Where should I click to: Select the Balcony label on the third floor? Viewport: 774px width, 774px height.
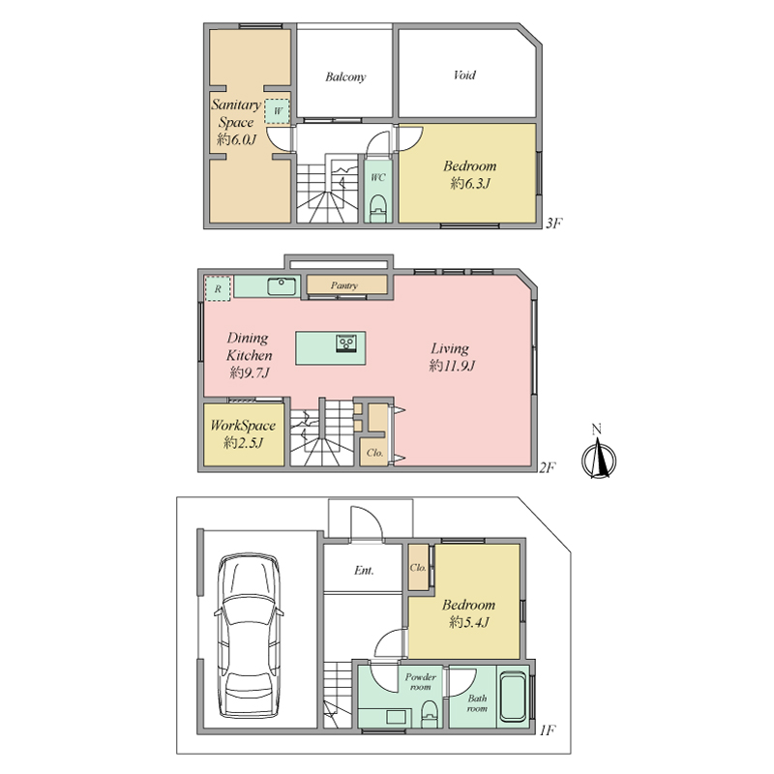(345, 77)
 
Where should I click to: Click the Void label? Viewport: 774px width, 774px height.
(464, 75)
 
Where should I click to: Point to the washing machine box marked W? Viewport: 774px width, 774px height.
(277, 111)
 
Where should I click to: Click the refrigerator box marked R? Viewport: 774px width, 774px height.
(218, 288)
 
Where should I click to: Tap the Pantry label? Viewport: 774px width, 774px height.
(344, 285)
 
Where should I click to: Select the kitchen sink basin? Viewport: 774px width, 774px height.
(282, 285)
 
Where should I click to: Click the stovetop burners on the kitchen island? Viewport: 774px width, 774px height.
(346, 342)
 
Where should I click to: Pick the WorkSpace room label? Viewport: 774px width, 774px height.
(243, 426)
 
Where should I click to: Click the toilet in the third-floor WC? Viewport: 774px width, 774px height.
(378, 208)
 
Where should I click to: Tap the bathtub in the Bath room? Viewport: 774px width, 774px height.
(514, 697)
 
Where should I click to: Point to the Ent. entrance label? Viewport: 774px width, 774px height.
(364, 571)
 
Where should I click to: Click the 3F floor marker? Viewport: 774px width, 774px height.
(554, 223)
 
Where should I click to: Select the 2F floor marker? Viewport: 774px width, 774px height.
(548, 467)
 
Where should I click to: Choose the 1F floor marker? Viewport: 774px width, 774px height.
(548, 729)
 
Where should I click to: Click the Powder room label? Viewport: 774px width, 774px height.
(421, 682)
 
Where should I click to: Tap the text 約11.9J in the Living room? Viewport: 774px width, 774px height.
(452, 366)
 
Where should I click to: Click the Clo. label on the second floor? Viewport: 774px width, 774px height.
(374, 453)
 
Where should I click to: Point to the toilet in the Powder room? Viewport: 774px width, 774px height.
(430, 714)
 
